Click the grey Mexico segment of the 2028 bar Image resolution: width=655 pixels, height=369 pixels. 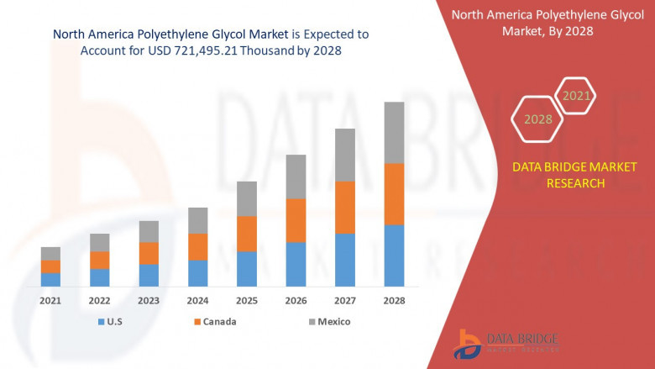pyautogui.click(x=394, y=133)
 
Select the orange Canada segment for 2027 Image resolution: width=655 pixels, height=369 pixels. pyautogui.click(x=345, y=207)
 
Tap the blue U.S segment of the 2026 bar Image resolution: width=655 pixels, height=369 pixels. pyautogui.click(x=296, y=264)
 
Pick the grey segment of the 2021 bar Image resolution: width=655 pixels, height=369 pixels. pyautogui.click(x=50, y=253)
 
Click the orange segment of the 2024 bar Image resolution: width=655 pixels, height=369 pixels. pyautogui.click(x=197, y=246)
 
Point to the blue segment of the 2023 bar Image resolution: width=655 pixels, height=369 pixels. pyautogui.click(x=149, y=275)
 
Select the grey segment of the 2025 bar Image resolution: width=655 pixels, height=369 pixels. pyautogui.click(x=246, y=198)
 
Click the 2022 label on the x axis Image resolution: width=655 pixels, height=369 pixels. pyautogui.click(x=99, y=300)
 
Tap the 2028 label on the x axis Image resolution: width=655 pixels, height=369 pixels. pyautogui.click(x=394, y=300)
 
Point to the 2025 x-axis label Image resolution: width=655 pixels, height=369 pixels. pyautogui.click(x=246, y=300)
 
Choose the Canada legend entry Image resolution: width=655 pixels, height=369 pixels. pyautogui.click(x=214, y=322)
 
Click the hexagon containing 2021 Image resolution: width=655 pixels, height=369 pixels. pyautogui.click(x=576, y=96)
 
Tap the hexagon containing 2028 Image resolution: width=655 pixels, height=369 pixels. pyautogui.click(x=537, y=119)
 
